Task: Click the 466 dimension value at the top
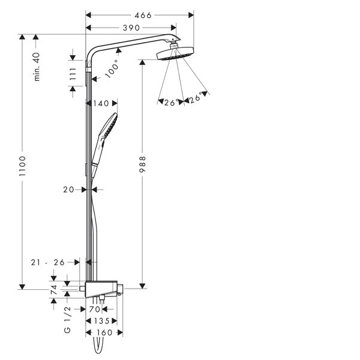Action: tap(143, 16)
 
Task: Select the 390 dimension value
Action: tap(131, 28)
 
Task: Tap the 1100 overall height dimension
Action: tap(23, 166)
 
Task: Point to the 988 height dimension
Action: tap(143, 164)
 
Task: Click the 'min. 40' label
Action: tap(37, 67)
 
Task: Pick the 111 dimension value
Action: tap(73, 73)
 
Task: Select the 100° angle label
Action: tap(112, 69)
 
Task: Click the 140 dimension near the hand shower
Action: tap(101, 104)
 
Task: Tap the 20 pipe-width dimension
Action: tap(68, 190)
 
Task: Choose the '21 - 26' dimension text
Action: tap(48, 262)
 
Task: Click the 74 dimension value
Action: tap(54, 290)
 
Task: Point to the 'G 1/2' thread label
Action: tap(67, 320)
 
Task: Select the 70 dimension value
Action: tap(95, 310)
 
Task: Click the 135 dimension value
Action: tap(102, 321)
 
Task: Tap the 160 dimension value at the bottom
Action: tap(104, 332)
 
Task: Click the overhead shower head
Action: tap(175, 54)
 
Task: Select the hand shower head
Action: tap(109, 125)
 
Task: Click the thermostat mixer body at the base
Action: tap(101, 289)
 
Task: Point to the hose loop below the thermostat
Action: tap(98, 346)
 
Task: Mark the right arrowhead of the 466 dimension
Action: tap(191, 16)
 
